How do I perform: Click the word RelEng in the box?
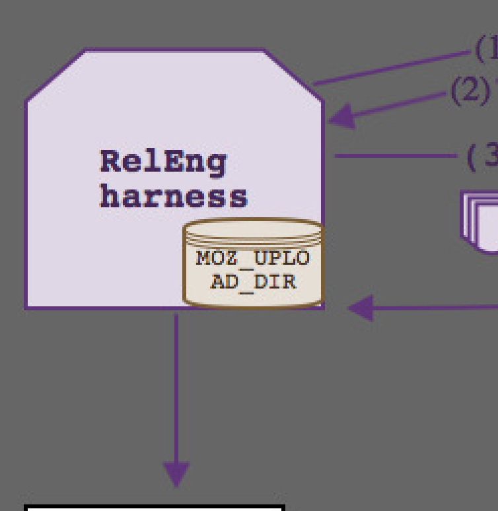click(x=163, y=162)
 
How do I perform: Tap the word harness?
click(x=173, y=196)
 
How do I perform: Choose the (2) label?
click(x=469, y=91)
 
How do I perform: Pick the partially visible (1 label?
click(x=487, y=48)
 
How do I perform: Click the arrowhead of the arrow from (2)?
click(x=341, y=118)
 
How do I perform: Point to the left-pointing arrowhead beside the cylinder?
click(x=361, y=308)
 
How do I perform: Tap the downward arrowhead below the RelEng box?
click(x=176, y=473)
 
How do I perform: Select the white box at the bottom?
click(x=155, y=508)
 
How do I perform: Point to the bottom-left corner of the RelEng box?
click(x=26, y=308)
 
